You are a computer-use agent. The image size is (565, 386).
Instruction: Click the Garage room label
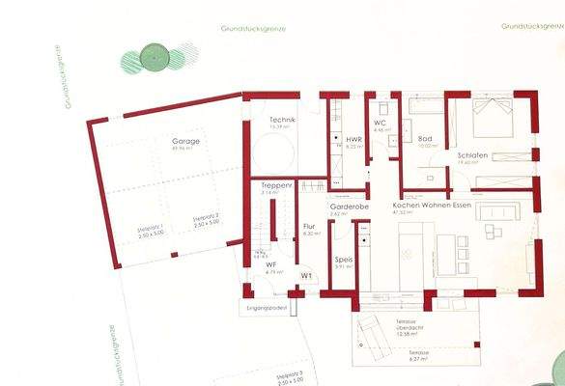(186, 141)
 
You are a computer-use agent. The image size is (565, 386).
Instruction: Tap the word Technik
(282, 119)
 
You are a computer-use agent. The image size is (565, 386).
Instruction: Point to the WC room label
(381, 123)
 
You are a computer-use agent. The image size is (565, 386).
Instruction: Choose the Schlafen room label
(472, 155)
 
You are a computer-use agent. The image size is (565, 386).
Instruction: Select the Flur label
(310, 227)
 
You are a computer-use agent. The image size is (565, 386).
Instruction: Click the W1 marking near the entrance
(306, 276)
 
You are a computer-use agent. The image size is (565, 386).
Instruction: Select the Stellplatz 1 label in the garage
(149, 229)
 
